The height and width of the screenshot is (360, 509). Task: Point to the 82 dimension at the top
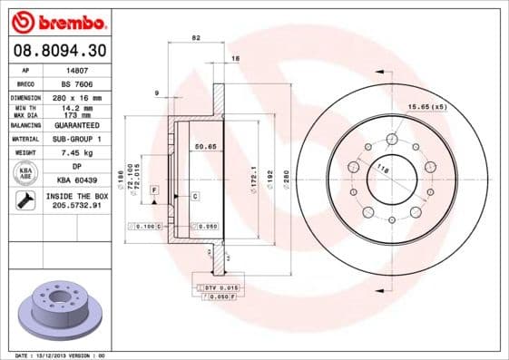(x=196, y=37)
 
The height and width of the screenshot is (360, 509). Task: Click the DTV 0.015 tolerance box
(x=220, y=287)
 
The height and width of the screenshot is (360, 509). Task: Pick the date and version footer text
(x=61, y=355)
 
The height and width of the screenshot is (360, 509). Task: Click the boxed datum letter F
(x=155, y=188)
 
